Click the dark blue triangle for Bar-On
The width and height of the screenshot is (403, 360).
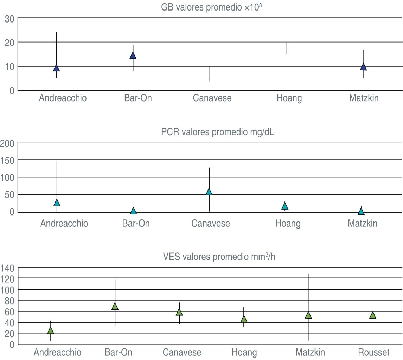[133, 55]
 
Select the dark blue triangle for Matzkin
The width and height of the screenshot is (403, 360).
[363, 66]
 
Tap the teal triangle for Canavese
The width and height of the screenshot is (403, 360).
[209, 192]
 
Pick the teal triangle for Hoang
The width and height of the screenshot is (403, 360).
[285, 206]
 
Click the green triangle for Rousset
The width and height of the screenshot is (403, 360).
[373, 315]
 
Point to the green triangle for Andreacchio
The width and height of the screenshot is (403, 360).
[51, 330]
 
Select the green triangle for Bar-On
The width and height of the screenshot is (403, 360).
[115, 306]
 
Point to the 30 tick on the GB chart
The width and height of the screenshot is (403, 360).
[9, 19]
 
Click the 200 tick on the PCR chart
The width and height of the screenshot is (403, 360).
[7, 143]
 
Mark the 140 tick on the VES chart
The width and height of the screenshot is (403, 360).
[7, 268]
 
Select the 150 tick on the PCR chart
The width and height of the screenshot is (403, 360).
[7, 160]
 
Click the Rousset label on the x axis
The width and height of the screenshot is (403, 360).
[374, 353]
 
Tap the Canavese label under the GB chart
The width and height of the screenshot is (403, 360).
[212, 98]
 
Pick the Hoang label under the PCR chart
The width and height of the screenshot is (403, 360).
[288, 224]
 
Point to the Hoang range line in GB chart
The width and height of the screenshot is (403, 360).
[287, 48]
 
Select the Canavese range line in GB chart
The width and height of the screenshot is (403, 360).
[210, 74]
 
